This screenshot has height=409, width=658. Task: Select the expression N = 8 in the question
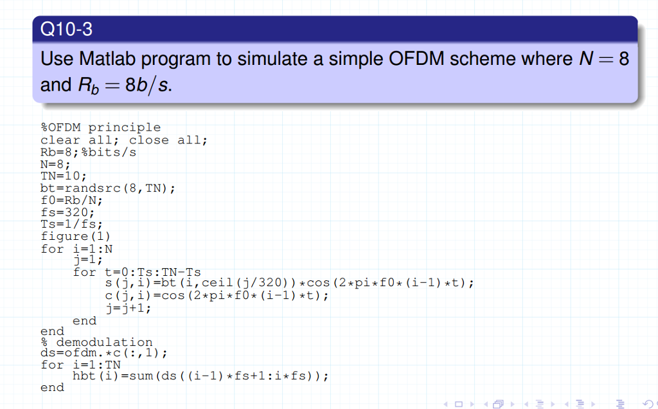click(600, 59)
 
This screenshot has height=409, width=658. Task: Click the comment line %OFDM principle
click(100, 127)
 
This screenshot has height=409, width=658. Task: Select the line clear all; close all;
click(124, 140)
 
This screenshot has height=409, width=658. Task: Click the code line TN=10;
click(63, 176)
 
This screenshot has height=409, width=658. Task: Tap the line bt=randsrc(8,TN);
click(107, 188)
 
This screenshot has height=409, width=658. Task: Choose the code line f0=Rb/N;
click(71, 200)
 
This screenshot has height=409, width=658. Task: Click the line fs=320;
click(67, 212)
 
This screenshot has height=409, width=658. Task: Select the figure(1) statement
click(75, 236)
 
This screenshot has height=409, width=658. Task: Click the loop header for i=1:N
click(76, 248)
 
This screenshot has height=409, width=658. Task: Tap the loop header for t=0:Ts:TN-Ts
click(136, 272)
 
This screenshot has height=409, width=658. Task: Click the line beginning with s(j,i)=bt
click(289, 284)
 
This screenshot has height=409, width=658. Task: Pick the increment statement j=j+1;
click(128, 308)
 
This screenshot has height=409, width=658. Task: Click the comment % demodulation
click(96, 342)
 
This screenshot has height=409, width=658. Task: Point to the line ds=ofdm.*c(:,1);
click(103, 354)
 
